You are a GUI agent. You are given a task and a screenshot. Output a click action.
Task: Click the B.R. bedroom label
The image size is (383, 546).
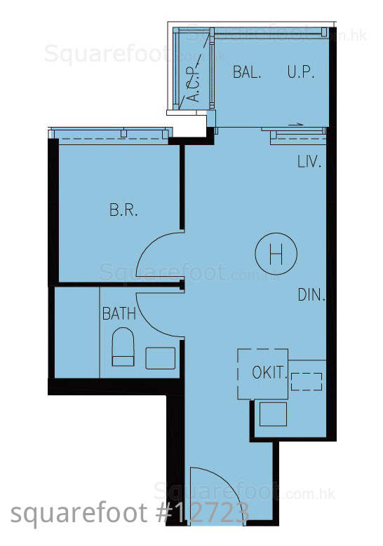coord(123,210)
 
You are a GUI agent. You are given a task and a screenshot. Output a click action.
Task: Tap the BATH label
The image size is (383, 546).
coord(119,313)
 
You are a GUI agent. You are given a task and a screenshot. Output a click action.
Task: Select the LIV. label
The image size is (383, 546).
coord(309,162)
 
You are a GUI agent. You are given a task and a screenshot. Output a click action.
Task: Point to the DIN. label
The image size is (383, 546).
coord(311,295)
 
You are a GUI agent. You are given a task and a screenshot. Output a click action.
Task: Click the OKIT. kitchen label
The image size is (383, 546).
coord(269,373)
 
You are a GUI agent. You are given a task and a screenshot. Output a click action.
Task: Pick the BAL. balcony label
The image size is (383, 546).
coord(247,71)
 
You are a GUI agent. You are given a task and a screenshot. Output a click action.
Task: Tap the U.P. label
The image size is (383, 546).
coord(301,71)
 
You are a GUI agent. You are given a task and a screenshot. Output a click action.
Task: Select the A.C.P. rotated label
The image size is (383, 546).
coord(194,84)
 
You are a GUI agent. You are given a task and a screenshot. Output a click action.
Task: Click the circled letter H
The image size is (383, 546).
coord(276,254)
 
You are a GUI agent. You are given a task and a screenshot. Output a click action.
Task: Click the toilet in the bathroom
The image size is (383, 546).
coord(123,347)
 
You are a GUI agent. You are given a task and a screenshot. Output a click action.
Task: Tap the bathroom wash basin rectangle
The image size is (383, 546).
coord(161,358)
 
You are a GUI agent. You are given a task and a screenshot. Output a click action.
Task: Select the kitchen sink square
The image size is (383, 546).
coord(274,414)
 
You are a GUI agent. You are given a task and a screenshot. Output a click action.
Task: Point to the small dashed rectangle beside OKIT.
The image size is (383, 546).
coord(307,382)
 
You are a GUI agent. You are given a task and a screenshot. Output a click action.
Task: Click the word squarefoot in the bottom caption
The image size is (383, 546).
coord(79,514)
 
